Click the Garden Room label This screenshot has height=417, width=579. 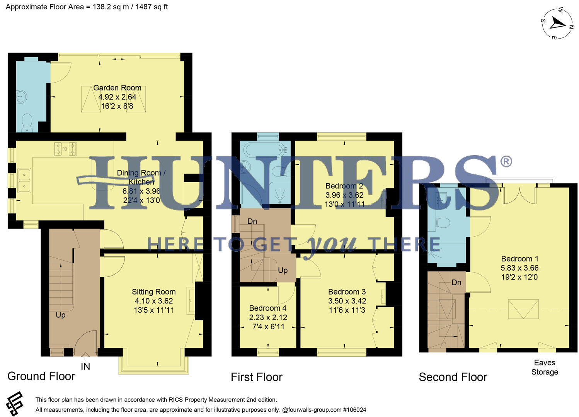pyautogui.click(x=117, y=88)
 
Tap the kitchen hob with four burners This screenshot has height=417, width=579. pyautogui.click(x=65, y=149)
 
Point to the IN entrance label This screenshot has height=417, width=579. pyautogui.click(x=85, y=366)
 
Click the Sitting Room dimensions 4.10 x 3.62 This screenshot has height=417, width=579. pyautogui.click(x=154, y=301)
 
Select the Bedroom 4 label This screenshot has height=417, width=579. pyautogui.click(x=268, y=308)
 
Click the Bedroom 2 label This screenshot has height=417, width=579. pyautogui.click(x=344, y=186)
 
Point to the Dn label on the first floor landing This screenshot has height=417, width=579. pyautogui.click(x=252, y=221)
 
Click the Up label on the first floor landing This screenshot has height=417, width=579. pyautogui.click(x=283, y=270)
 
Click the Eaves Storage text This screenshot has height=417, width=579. pyautogui.click(x=545, y=367)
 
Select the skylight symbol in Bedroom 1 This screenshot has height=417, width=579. pyautogui.click(x=523, y=309)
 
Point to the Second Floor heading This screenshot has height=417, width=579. pyautogui.click(x=453, y=377)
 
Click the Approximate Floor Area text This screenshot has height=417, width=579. pyautogui.click(x=87, y=7)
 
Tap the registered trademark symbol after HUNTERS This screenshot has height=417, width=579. pyautogui.click(x=506, y=161)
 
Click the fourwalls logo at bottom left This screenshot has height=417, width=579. pyautogui.click(x=15, y=403)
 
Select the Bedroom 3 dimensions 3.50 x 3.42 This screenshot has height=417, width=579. pyautogui.click(x=347, y=301)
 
